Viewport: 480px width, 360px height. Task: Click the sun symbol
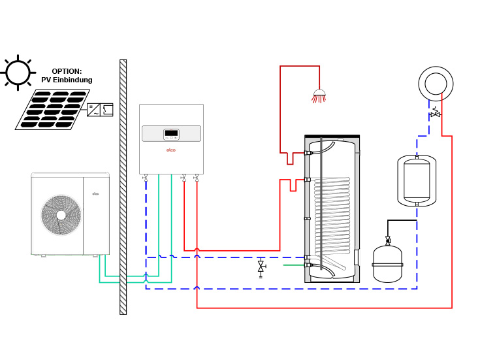18,72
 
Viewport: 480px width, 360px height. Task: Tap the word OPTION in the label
67,71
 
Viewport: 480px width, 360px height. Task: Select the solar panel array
52,109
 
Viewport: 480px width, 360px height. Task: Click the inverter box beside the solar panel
100,110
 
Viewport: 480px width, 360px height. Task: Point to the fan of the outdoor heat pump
61,215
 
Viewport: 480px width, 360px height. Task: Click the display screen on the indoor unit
171,133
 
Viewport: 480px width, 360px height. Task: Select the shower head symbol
319,96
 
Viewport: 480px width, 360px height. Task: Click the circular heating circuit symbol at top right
436,84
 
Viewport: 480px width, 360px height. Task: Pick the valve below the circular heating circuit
435,114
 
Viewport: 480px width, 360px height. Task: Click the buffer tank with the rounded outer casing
417,180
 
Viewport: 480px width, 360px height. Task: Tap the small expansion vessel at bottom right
387,264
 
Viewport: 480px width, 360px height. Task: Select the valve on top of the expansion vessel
388,240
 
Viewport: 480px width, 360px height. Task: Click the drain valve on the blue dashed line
261,267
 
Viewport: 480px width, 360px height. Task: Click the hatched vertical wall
123,186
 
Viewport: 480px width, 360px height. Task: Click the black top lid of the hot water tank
332,136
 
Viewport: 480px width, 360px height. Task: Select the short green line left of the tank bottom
293,265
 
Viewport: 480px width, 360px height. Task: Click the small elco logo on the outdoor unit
95,193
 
